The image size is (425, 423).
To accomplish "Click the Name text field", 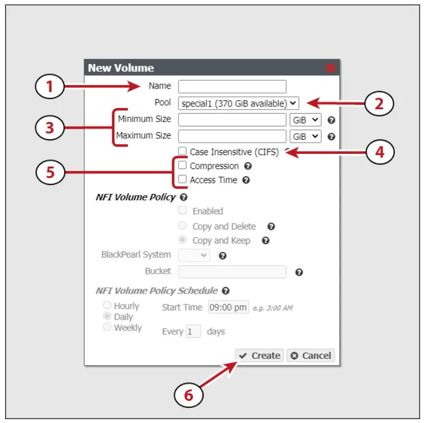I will pyautogui.click(x=232, y=86).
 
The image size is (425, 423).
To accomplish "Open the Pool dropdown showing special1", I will pyautogui.click(x=239, y=103).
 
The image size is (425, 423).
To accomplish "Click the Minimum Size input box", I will pyautogui.click(x=232, y=120).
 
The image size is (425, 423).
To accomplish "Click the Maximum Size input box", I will pyautogui.click(x=232, y=136).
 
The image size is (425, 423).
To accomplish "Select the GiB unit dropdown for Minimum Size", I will pyautogui.click(x=306, y=120).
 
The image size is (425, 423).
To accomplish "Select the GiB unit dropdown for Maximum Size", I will pyautogui.click(x=306, y=136).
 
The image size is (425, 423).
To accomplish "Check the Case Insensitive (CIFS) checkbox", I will pyautogui.click(x=182, y=151).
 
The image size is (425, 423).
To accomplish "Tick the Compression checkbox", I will pyautogui.click(x=182, y=166).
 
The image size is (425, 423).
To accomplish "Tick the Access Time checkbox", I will pyautogui.click(x=182, y=179).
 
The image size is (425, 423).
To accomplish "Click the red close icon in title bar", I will pyautogui.click(x=330, y=68).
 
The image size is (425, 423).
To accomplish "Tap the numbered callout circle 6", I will pyautogui.click(x=189, y=395).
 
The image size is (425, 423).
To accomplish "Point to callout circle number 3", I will pyautogui.click(x=50, y=128).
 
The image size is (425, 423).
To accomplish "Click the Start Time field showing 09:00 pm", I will pyautogui.click(x=228, y=308).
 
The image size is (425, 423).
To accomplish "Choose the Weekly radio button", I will pyautogui.click(x=107, y=328).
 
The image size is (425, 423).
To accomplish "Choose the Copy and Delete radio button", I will pyautogui.click(x=182, y=226).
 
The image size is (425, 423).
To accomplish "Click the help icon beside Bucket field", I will pyautogui.click(x=299, y=272).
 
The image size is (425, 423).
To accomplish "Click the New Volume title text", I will pyautogui.click(x=121, y=68).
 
